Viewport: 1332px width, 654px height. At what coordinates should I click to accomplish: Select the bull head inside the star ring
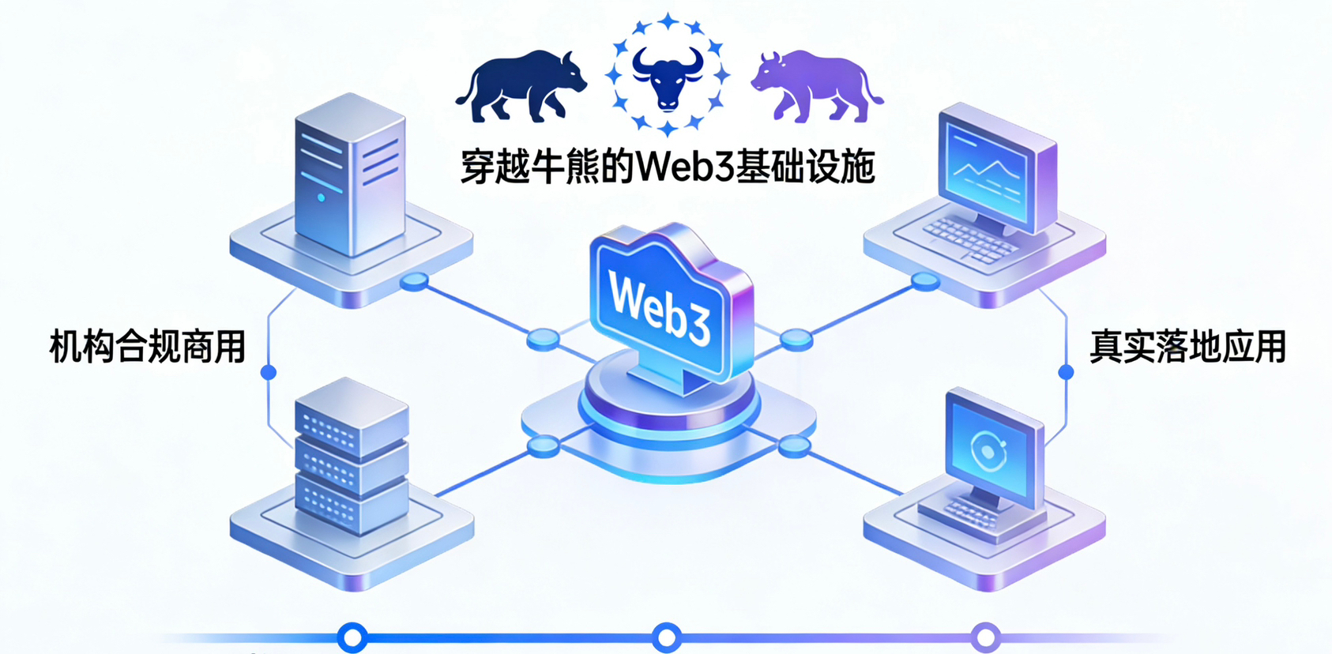(668, 77)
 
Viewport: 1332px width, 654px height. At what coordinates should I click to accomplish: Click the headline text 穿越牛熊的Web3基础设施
(668, 167)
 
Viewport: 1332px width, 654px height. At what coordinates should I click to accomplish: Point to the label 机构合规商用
(148, 346)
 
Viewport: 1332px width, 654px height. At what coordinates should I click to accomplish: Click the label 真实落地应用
(1187, 346)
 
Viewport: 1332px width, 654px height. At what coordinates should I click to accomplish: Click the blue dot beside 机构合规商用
(269, 372)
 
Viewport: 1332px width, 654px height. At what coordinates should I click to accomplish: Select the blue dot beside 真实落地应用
(1066, 372)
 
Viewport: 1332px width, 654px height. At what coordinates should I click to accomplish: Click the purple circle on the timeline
(986, 637)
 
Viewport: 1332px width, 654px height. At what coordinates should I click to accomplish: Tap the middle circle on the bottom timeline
(667, 637)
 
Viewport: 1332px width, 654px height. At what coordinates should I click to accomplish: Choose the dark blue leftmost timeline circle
(352, 637)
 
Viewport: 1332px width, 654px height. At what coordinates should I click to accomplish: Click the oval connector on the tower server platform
(414, 281)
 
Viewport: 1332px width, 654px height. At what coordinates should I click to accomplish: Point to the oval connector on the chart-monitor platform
(925, 280)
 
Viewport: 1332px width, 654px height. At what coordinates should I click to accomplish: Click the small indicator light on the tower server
(321, 197)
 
